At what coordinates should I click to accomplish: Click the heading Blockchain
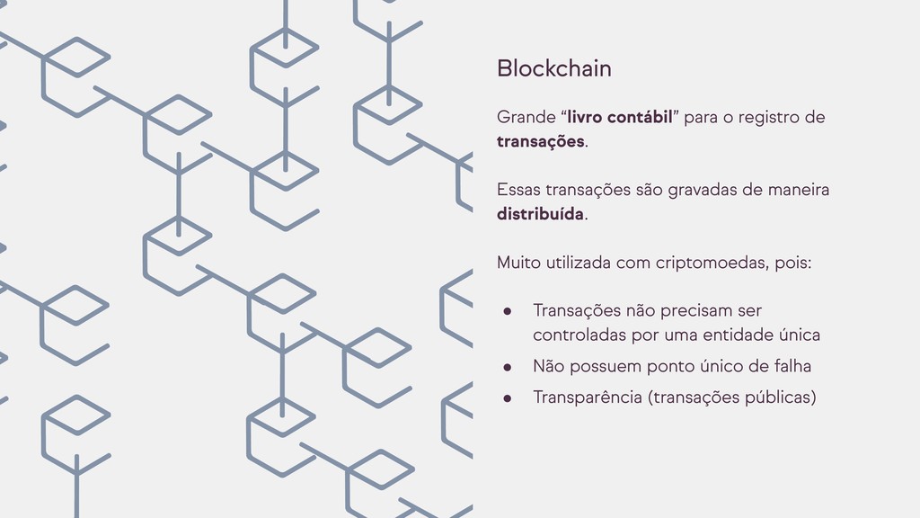pyautogui.click(x=553, y=68)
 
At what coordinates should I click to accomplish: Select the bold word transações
pyautogui.click(x=540, y=141)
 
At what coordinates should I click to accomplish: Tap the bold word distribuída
pyautogui.click(x=540, y=214)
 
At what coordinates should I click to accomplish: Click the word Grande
pyautogui.click(x=526, y=118)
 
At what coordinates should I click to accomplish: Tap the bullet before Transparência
pyautogui.click(x=507, y=397)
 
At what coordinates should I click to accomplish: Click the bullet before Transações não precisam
pyautogui.click(x=507, y=311)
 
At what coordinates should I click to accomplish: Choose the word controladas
pyautogui.click(x=573, y=335)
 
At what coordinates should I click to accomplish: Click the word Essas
pyautogui.click(x=518, y=190)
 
